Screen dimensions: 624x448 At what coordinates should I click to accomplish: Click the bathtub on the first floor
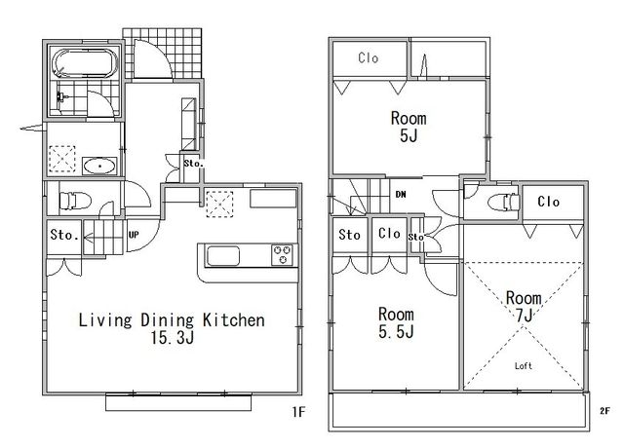[x=85, y=63]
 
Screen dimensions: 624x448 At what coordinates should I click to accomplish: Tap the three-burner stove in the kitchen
[x=283, y=255]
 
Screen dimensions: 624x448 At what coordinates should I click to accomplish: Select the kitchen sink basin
[x=223, y=255]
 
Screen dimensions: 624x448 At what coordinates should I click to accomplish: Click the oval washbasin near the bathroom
[x=99, y=166]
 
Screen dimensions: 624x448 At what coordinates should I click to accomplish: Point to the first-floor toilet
[x=75, y=201]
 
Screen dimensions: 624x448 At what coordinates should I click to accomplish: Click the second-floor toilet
[x=503, y=202]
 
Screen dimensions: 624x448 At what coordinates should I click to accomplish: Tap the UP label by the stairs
[x=134, y=235]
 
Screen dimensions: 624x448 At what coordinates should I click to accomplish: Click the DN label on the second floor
[x=401, y=195]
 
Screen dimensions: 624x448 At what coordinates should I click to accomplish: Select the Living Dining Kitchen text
[x=172, y=320]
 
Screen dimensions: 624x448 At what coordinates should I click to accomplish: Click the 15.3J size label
[x=172, y=338]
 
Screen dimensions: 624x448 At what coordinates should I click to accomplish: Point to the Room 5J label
[x=409, y=127]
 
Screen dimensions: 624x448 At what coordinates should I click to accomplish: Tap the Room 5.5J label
[x=396, y=322]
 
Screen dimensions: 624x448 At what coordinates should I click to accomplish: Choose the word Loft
[x=524, y=366]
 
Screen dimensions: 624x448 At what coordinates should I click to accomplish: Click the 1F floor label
[x=299, y=412]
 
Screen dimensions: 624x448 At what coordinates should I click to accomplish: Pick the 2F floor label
[x=604, y=411]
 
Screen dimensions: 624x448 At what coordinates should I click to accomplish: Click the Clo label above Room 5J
[x=369, y=58]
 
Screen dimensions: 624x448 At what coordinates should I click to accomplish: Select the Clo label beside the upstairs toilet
[x=548, y=202]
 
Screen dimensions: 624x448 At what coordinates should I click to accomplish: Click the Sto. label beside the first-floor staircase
[x=64, y=235]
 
